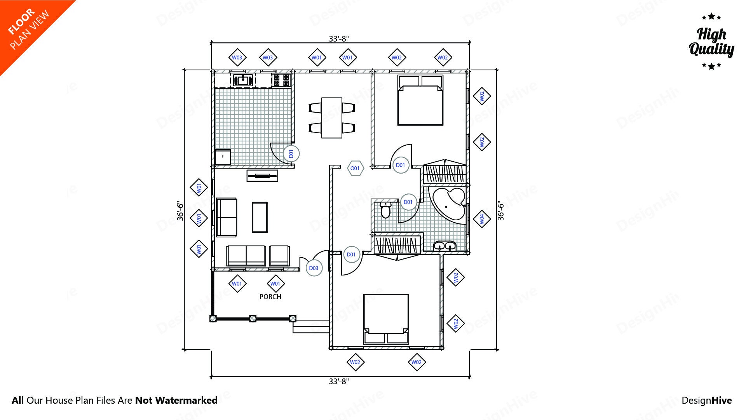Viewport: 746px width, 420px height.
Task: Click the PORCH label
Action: pos(270,297)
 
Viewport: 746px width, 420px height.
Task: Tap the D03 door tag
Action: pos(314,268)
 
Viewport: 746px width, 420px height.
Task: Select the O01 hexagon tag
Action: pos(355,168)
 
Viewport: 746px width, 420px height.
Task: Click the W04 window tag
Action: pos(482,219)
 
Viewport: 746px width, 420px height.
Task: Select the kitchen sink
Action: pos(243,80)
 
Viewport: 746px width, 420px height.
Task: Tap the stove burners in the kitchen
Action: pos(281,80)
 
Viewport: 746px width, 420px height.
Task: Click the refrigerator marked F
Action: pos(223,157)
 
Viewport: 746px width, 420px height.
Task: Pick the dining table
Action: pos(331,118)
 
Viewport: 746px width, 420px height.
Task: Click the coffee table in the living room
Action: pos(260,217)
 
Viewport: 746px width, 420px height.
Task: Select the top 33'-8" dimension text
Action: pos(339,38)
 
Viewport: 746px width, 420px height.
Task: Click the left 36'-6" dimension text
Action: pos(180,211)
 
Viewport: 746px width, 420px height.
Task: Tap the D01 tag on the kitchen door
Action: pos(291,154)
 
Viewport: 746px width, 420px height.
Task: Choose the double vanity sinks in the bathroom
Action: pos(444,246)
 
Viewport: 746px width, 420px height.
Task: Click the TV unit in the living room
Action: pos(262,176)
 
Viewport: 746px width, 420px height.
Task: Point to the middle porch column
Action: pos(253,319)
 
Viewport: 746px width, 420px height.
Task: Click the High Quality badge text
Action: pos(711,42)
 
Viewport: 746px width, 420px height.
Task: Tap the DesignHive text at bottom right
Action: pos(706,400)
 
